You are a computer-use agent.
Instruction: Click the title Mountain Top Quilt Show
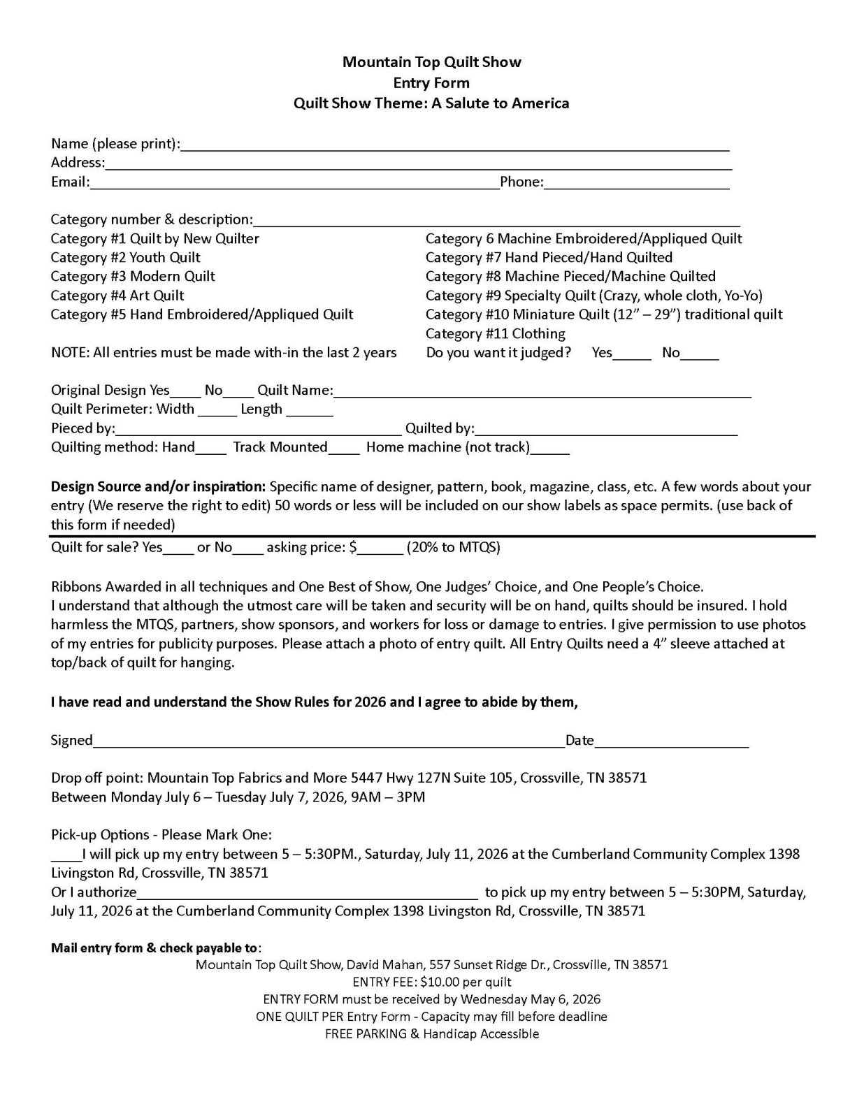431,62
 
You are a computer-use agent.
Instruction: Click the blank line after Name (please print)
454,145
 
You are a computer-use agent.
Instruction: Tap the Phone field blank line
636,183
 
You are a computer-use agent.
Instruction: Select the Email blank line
294,183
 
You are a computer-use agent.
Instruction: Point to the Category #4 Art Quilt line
117,296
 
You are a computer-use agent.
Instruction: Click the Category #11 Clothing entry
495,334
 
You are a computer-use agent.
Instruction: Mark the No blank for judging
700,354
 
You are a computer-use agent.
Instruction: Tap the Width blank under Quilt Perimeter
217,411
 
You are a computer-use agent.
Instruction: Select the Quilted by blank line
606,430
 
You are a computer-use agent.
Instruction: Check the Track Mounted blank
343,449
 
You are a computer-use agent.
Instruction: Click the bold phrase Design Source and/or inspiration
158,486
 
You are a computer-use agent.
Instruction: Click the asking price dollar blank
380,549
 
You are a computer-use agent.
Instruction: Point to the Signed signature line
329,741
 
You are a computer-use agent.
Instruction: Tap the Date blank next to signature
671,741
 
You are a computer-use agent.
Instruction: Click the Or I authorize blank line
308,894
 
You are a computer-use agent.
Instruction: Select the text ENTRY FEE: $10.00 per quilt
432,982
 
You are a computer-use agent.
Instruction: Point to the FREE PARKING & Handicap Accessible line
432,1034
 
